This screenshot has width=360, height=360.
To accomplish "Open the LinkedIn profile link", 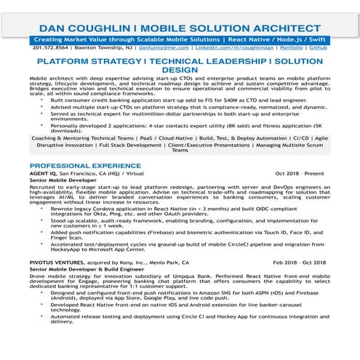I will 236,46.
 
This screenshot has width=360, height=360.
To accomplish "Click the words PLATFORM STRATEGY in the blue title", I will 83,62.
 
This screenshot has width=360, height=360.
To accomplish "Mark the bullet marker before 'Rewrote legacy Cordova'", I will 45,208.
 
